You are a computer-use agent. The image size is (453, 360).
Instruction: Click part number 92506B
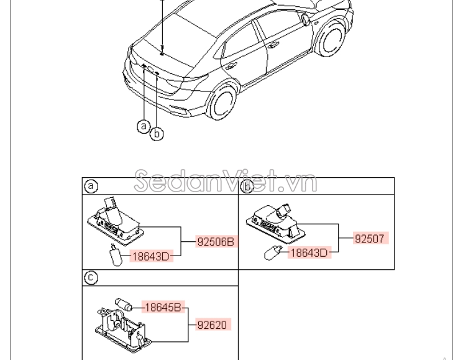(x=215, y=242)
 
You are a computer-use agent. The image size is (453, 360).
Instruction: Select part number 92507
(x=371, y=238)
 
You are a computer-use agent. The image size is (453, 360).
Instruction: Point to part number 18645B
(x=162, y=307)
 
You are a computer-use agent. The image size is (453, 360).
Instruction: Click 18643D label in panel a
(x=151, y=255)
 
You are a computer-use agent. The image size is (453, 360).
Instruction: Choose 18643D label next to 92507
(x=309, y=252)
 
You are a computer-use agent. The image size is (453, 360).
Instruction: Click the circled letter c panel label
(x=91, y=278)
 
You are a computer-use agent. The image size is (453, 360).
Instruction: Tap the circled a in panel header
(x=91, y=186)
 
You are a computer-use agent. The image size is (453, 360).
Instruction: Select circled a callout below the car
(x=144, y=126)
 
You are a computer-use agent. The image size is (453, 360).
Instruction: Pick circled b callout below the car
(x=157, y=133)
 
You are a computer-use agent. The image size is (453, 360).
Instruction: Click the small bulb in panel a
(x=116, y=253)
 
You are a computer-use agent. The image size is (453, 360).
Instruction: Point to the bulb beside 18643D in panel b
(x=272, y=252)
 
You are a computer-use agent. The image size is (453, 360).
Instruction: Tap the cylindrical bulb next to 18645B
(x=123, y=305)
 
